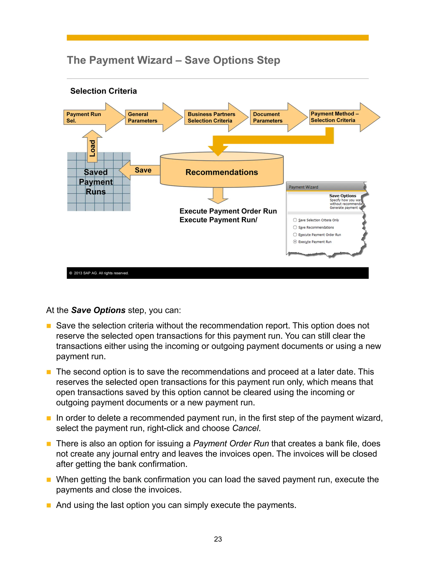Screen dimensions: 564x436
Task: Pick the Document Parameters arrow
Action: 272,117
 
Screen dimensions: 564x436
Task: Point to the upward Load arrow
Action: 92,147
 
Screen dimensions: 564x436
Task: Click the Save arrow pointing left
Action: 141,170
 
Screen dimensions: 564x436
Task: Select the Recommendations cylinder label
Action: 222,172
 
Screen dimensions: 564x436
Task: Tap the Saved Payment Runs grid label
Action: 96,182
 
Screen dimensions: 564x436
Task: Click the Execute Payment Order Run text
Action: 228,211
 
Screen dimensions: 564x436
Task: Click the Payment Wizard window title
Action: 304,187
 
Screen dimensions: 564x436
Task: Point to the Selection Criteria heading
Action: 104,91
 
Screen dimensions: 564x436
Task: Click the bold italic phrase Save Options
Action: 98,310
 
